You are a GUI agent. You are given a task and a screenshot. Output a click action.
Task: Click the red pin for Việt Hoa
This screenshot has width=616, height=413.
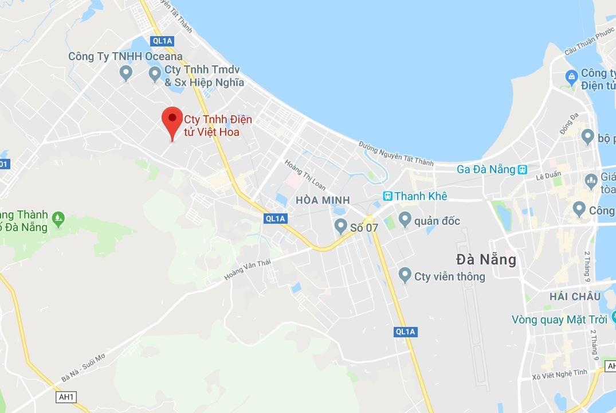(x=172, y=119)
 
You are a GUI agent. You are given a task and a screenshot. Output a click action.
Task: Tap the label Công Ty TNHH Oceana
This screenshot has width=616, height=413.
(x=125, y=56)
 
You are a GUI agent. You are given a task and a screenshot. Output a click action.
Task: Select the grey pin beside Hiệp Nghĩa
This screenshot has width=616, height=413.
(x=154, y=73)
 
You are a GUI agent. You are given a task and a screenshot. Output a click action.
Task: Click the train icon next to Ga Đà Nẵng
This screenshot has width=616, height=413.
(x=522, y=169)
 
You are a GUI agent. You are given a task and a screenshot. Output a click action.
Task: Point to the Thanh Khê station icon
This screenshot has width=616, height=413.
(x=388, y=196)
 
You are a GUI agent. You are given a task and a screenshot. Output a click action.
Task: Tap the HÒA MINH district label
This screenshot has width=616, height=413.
(x=323, y=200)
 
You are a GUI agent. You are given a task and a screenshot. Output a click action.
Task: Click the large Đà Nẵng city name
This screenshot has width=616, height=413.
(x=486, y=260)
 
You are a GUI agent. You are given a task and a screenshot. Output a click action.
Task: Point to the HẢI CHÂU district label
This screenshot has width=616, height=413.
(x=575, y=297)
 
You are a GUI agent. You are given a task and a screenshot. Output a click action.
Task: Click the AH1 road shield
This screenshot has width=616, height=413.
(x=66, y=397)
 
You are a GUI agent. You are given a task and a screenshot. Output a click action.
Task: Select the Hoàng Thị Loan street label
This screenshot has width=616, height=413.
(x=306, y=174)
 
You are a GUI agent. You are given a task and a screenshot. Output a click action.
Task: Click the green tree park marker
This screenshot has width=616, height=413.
(x=58, y=218)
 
